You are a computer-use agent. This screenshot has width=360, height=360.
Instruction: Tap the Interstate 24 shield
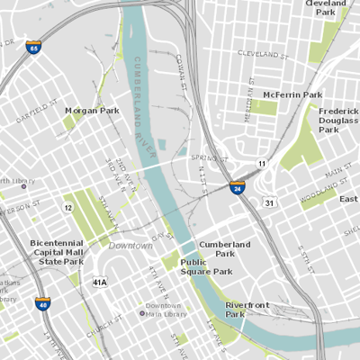tap(237, 188)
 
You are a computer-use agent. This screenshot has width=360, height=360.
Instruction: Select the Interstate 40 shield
tap(42, 303)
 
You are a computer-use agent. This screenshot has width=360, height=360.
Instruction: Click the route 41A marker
tap(100, 282)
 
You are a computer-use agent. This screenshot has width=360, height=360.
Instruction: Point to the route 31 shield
tap(269, 202)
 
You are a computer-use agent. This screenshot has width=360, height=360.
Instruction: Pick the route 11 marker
tap(261, 164)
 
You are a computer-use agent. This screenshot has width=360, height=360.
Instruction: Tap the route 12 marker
tap(67, 208)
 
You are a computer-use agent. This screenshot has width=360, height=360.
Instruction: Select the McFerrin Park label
tap(292, 94)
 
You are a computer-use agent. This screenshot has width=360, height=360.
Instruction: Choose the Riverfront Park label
tap(247, 310)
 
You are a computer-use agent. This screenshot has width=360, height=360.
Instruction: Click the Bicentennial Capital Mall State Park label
tap(57, 252)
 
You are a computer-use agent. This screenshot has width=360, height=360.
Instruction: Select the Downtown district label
tap(130, 245)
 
